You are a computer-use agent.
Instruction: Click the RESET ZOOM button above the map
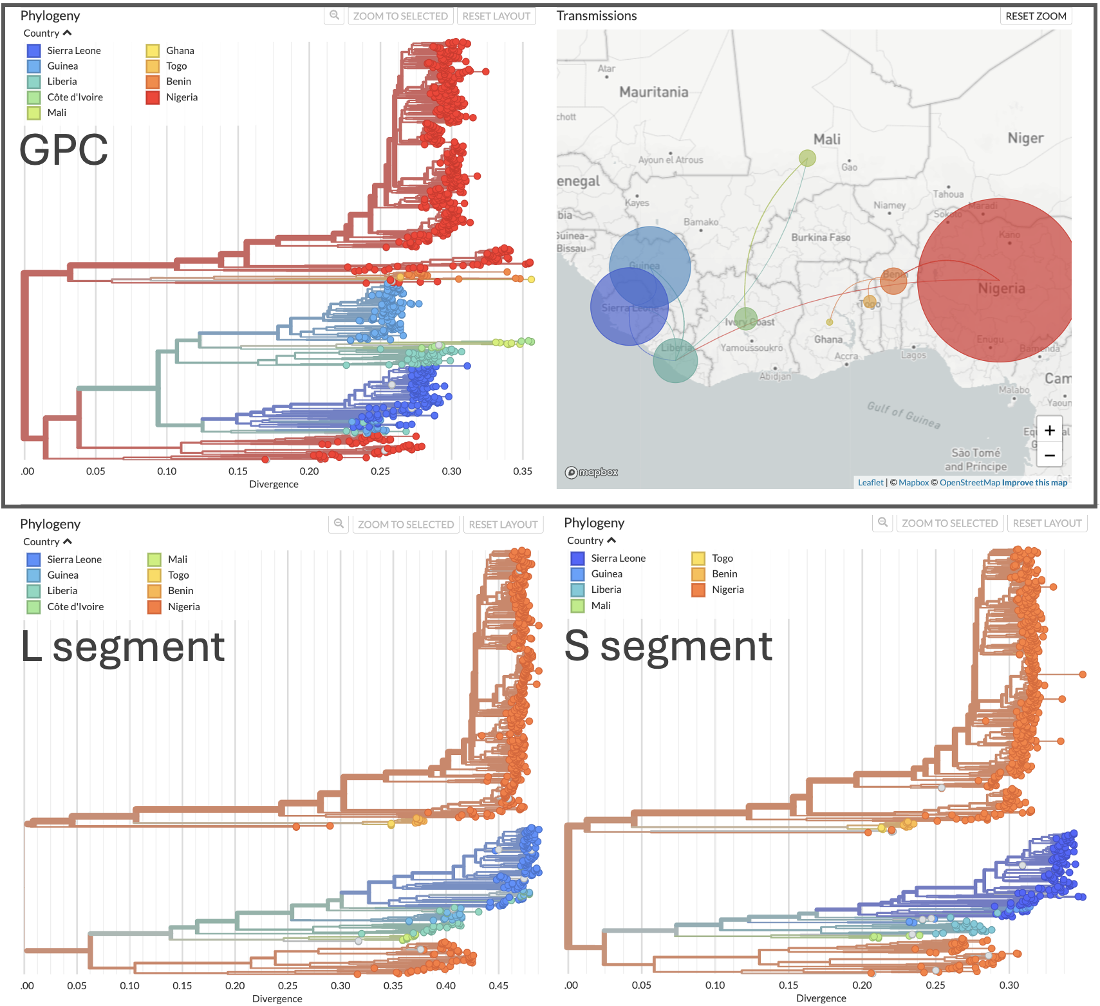pyautogui.click(x=1036, y=16)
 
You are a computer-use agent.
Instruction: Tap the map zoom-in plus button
pyautogui.click(x=1049, y=431)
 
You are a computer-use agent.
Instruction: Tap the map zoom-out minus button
pyautogui.click(x=1049, y=455)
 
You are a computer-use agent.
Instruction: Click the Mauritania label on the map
pyautogui.click(x=653, y=92)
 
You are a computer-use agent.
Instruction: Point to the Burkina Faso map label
pyautogui.click(x=821, y=238)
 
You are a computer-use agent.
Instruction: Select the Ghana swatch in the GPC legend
pyautogui.click(x=153, y=50)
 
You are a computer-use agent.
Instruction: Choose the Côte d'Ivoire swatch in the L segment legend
pyautogui.click(x=34, y=606)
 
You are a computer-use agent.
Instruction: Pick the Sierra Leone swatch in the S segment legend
pyautogui.click(x=577, y=558)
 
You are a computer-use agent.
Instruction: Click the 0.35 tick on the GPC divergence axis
pyautogui.click(x=523, y=471)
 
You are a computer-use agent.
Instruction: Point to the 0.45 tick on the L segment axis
pyautogui.click(x=498, y=985)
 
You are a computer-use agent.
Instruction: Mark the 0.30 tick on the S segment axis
pyautogui.click(x=1009, y=985)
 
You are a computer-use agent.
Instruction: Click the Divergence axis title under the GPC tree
pyautogui.click(x=274, y=484)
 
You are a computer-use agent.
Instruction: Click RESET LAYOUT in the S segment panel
pyautogui.click(x=1047, y=523)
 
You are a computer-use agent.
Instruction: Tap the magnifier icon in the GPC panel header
pyautogui.click(x=334, y=15)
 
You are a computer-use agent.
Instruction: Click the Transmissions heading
pyautogui.click(x=597, y=16)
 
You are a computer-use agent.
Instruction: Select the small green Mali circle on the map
pyautogui.click(x=807, y=158)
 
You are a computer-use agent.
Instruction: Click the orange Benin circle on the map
pyautogui.click(x=893, y=281)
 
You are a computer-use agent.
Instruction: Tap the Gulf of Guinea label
pyautogui.click(x=903, y=415)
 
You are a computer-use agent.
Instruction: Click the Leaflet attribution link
pyautogui.click(x=870, y=483)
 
